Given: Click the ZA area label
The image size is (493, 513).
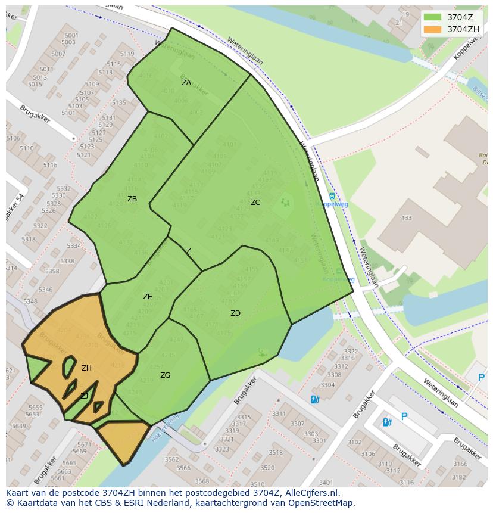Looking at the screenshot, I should click(186, 83).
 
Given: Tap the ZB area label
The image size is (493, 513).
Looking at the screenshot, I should click(132, 199).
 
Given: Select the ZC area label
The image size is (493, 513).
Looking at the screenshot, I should click(255, 203).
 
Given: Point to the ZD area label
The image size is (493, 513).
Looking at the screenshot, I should click(235, 313).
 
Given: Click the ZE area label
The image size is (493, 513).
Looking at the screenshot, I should click(148, 297).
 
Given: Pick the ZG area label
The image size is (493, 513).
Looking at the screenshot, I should click(165, 375).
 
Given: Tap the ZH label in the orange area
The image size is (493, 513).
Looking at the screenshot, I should click(86, 368).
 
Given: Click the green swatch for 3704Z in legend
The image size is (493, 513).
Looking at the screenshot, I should click(433, 17).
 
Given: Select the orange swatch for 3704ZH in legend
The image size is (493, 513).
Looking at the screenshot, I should click(433, 29).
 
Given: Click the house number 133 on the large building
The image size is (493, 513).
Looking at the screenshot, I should click(406, 218).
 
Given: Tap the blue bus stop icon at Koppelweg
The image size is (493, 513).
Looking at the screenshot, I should click(332, 196).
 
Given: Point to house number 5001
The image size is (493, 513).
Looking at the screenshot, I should click(71, 36).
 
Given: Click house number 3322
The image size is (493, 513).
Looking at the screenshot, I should click(351, 352).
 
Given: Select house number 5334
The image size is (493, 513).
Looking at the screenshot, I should click(74, 246).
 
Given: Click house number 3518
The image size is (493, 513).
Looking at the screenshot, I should click(276, 453).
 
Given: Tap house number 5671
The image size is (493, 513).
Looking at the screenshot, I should click(85, 444).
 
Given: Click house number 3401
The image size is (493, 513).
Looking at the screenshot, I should click(326, 483).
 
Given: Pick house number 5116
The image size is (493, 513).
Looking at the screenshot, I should click(50, 165).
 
